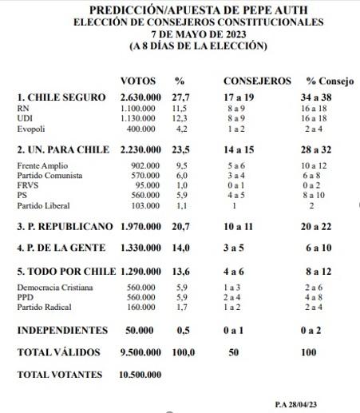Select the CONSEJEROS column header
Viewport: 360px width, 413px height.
coord(256,81)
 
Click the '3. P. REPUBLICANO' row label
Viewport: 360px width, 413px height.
coord(65,228)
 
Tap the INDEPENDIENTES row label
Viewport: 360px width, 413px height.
coord(61,330)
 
